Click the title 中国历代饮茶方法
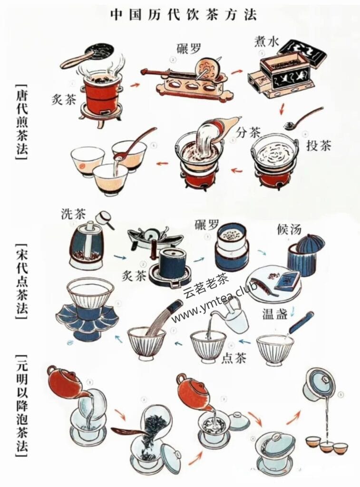pos(183,15)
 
